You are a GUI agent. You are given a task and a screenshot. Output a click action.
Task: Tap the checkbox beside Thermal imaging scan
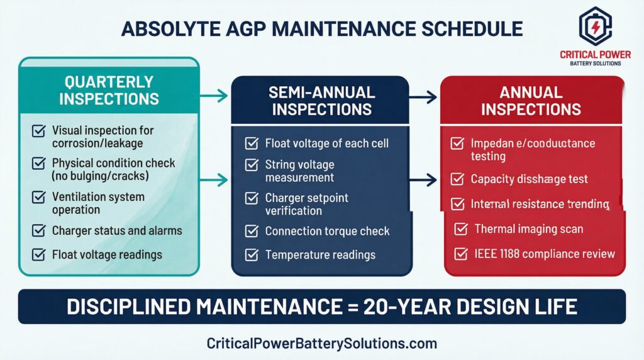pyautogui.click(x=461, y=229)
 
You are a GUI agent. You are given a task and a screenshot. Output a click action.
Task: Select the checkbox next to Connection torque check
pyautogui.click(x=252, y=231)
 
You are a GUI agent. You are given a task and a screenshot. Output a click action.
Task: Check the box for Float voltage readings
pyautogui.click(x=39, y=255)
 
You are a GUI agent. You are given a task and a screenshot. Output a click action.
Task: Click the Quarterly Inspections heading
pyautogui.click(x=109, y=90)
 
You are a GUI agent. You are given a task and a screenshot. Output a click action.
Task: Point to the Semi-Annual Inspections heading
pyautogui.click(x=321, y=101)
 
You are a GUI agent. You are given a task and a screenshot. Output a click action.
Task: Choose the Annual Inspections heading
pyautogui.click(x=531, y=101)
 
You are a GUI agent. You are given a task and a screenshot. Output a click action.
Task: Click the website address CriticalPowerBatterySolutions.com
pyautogui.click(x=321, y=344)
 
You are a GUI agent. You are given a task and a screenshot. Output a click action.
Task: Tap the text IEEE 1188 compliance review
pyautogui.click(x=544, y=254)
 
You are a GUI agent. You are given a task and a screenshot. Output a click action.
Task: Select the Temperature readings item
pyautogui.click(x=320, y=255)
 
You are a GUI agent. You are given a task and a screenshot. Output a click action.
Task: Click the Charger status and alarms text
pyautogui.click(x=117, y=230)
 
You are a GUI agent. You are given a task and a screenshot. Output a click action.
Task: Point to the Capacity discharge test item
pyautogui.click(x=529, y=179)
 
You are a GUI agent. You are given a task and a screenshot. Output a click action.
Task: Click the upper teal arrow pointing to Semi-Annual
pyautogui.click(x=214, y=96)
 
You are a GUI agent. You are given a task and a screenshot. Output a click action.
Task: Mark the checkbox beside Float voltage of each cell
pyautogui.click(x=252, y=143)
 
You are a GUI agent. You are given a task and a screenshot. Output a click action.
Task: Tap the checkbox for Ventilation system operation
pyautogui.click(x=39, y=198)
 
